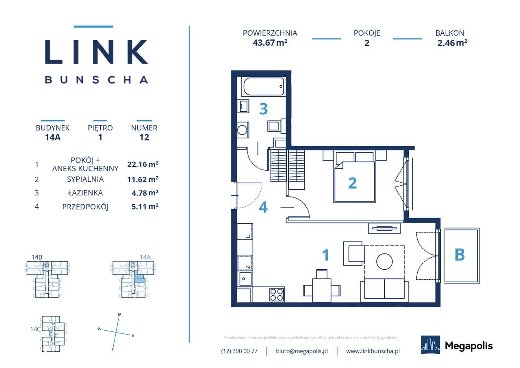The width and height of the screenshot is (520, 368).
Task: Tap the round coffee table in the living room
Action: pyautogui.click(x=384, y=261)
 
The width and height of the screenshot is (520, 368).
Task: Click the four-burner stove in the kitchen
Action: pyautogui.click(x=277, y=294)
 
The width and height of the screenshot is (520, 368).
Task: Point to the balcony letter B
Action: pyautogui.click(x=459, y=255)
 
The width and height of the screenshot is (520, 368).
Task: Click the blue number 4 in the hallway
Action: pyautogui.click(x=263, y=208)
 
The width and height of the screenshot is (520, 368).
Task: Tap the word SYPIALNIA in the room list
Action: pyautogui.click(x=85, y=179)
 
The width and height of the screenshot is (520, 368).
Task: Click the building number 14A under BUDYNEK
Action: pyautogui.click(x=53, y=137)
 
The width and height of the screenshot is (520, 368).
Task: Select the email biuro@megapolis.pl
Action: pyautogui.click(x=301, y=351)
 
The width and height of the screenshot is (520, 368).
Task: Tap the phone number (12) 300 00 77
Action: pyautogui.click(x=239, y=351)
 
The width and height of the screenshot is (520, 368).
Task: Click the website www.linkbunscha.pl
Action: pyautogui.click(x=373, y=351)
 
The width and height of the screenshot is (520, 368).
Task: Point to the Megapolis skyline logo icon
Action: pyautogui.click(x=430, y=345)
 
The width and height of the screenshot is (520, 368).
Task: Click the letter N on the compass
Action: pyautogui.click(x=119, y=314)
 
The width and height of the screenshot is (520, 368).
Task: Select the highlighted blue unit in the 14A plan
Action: pyautogui.click(x=139, y=279)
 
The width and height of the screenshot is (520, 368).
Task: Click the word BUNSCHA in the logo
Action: pyautogui.click(x=96, y=80)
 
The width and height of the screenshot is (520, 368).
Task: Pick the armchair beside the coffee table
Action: pyautogui.click(x=353, y=252)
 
